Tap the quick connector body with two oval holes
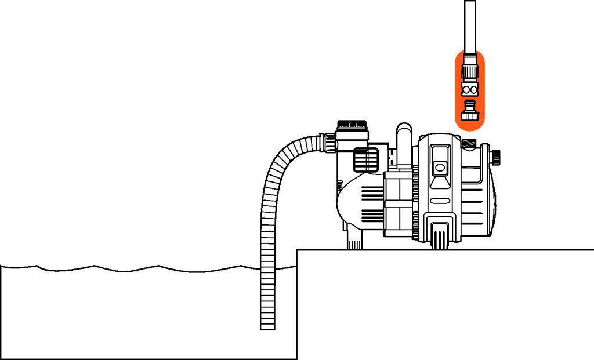[x=469, y=90]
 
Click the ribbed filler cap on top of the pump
[x=352, y=125]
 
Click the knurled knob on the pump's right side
[x=497, y=157]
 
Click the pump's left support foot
[x=354, y=239]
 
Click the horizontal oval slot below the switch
[x=440, y=201]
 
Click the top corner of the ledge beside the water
[x=298, y=250]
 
